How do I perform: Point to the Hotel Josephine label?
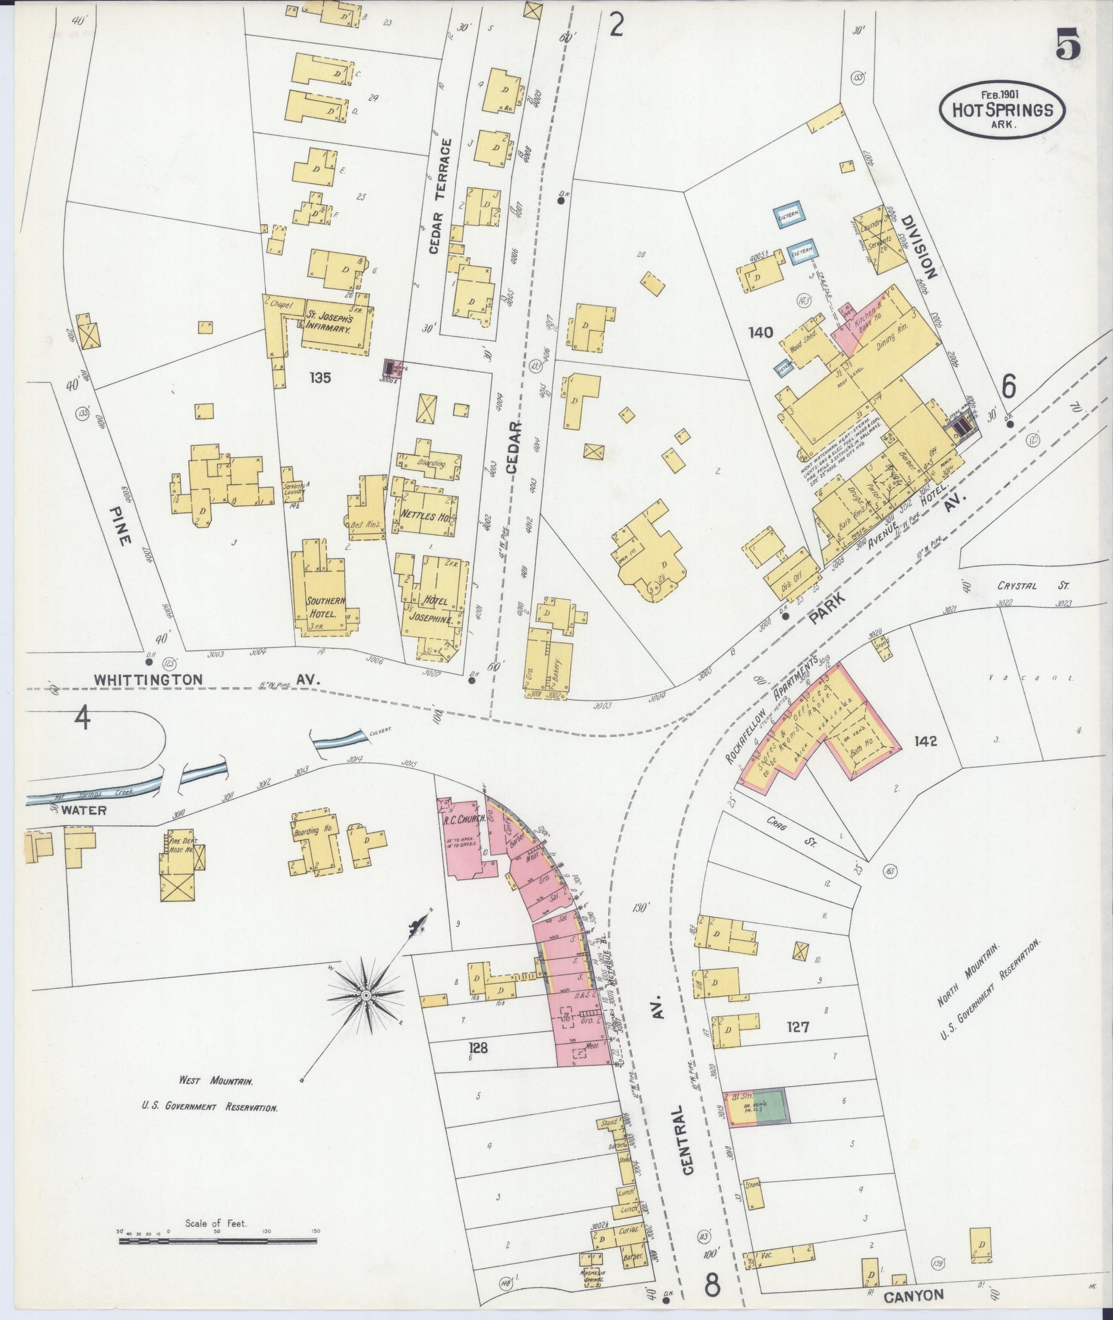click(x=432, y=610)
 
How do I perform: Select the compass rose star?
click(x=365, y=995)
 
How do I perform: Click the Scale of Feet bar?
click(x=218, y=1241)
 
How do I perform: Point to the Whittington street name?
click(x=149, y=679)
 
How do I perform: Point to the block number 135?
click(x=320, y=378)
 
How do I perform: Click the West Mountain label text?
click(x=216, y=1082)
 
